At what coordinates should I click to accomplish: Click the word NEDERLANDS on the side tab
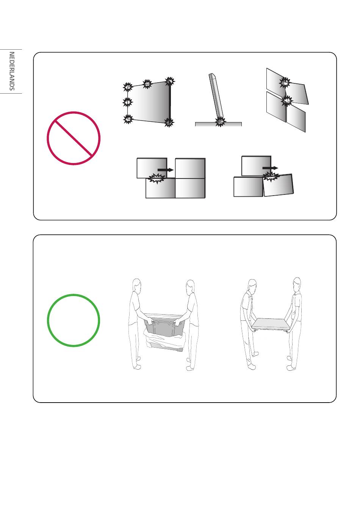tap(12, 71)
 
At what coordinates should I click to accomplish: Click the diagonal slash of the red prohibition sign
tap(74, 138)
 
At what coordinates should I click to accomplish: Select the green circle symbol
tap(74, 320)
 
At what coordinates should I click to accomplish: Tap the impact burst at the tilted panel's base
tap(220, 122)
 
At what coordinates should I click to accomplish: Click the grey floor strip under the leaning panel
tap(218, 124)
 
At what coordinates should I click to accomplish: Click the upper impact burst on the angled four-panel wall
tap(285, 82)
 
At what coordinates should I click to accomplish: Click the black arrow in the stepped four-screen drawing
tap(166, 170)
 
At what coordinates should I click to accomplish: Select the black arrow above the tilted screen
tap(270, 168)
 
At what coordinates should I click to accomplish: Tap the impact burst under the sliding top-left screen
tap(157, 178)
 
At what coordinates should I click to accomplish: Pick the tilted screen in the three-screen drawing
tap(278, 185)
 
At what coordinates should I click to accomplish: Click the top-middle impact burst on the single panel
tap(147, 84)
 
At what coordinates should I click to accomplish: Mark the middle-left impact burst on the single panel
tap(127, 102)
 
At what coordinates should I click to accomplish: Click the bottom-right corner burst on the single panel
tap(169, 122)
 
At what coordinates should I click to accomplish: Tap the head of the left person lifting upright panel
tap(136, 285)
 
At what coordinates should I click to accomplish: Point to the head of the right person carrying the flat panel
tap(297, 284)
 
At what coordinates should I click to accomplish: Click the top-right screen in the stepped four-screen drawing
tap(190, 168)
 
